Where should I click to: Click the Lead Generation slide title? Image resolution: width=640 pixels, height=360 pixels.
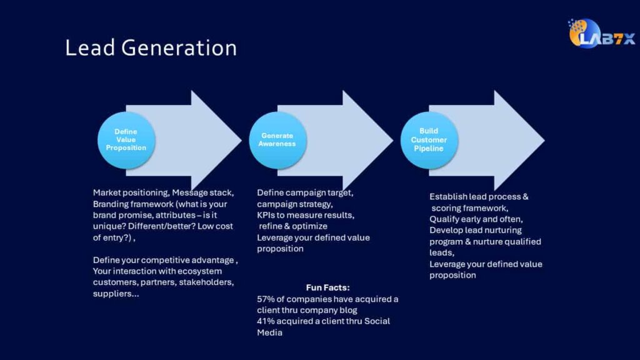pyautogui.click(x=151, y=48)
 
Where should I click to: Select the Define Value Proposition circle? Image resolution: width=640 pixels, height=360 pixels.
pyautogui.click(x=126, y=140)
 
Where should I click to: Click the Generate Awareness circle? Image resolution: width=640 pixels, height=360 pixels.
pyautogui.click(x=277, y=140)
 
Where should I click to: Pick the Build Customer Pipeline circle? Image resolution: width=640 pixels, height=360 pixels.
pyautogui.click(x=429, y=140)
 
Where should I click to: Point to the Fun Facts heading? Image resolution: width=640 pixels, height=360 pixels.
pyautogui.click(x=327, y=287)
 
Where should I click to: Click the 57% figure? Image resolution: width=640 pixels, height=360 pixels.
pyautogui.click(x=266, y=299)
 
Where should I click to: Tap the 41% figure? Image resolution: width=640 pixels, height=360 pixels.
pyautogui.click(x=266, y=321)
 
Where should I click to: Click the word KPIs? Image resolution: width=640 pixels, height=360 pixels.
pyautogui.click(x=267, y=215)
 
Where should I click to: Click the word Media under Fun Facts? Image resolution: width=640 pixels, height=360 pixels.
pyautogui.click(x=269, y=332)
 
